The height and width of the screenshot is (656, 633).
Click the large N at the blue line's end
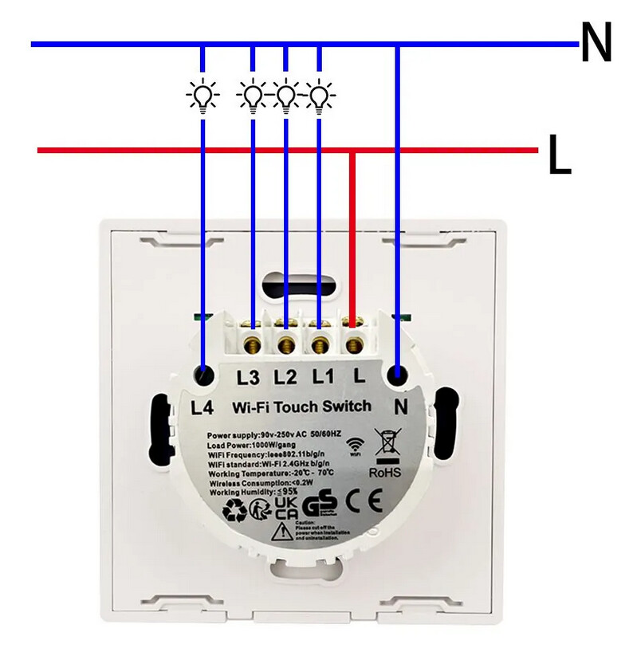[x=596, y=44]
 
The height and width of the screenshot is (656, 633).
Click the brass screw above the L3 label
[x=254, y=344]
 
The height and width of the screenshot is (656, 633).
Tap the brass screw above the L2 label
[x=287, y=344]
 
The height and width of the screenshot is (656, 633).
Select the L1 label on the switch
[x=322, y=375]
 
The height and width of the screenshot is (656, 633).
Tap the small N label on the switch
[x=401, y=407]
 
